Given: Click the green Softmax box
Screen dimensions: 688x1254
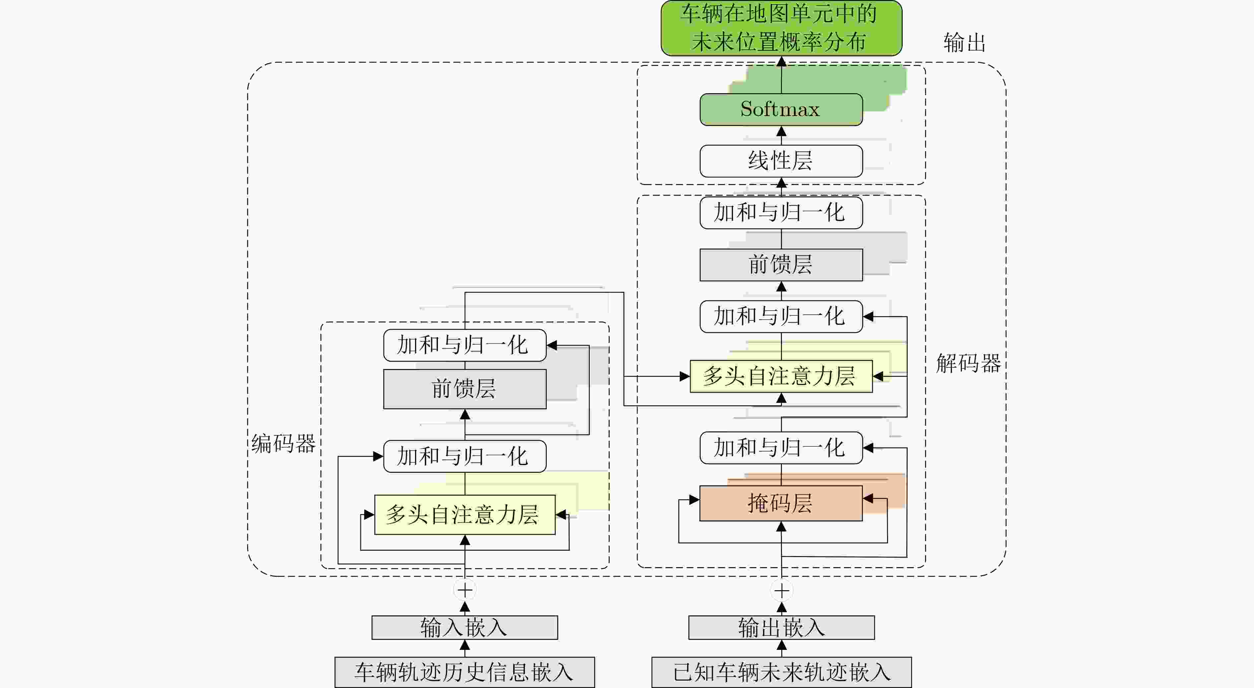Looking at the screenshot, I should pos(781,109).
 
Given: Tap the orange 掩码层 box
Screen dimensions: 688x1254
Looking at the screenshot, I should pos(781,503).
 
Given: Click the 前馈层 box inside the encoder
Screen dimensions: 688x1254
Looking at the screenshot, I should pos(464,389).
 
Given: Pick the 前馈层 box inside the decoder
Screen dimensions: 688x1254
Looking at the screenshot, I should pos(781,265).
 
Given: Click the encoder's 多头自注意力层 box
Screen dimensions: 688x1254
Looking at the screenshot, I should pos(464,514).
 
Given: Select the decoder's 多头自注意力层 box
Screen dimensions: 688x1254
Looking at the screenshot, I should pos(781,376).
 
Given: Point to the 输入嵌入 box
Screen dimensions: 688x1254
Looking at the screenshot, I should pos(464,627).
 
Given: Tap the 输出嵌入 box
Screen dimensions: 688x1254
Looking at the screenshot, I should pos(781,627).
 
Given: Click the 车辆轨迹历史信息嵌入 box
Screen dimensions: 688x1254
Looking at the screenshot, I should pos(464,672).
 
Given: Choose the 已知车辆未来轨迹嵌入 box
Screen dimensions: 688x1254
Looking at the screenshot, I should pos(781,672).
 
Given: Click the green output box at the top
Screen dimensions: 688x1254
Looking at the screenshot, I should pos(781,28).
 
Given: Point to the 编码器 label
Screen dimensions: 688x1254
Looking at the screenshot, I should pos(283,443).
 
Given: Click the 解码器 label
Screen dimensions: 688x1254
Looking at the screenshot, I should pos(968,363).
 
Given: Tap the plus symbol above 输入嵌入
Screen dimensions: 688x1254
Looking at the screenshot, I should pos(464,590).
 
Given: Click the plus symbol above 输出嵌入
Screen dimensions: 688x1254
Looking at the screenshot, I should pos(781,591).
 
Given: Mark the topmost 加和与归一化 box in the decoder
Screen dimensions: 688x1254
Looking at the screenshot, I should pos(781,213).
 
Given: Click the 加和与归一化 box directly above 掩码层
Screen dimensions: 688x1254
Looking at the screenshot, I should pos(781,448).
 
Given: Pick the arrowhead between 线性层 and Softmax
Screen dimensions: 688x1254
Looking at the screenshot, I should pos(781,131).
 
